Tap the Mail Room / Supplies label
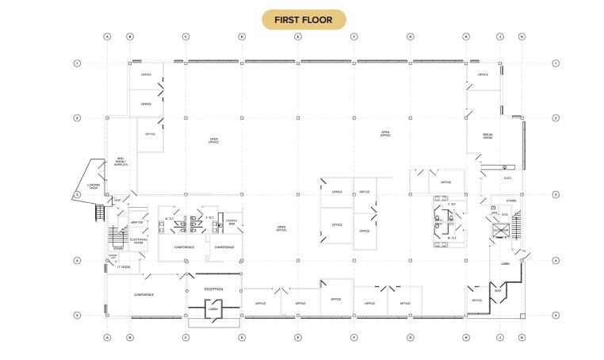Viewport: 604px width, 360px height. coord(120,162)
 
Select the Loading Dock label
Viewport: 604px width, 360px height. coord(94,186)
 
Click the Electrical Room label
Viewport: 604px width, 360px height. coord(117,241)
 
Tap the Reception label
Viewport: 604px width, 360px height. coord(213,289)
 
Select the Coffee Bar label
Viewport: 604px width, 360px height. coord(231,222)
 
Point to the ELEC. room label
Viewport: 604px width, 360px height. coord(507,178)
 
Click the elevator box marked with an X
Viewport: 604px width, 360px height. coord(501,231)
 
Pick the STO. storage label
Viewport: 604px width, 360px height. coord(505,214)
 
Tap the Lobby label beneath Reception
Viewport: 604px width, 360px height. coord(213,309)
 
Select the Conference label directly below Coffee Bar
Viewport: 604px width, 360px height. coord(224,247)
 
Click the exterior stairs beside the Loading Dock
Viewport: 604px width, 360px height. coord(99,213)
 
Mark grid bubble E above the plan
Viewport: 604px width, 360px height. coord(298,36)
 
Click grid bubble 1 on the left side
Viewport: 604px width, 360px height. coord(77,63)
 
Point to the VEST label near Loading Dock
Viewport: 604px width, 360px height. coord(117,200)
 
